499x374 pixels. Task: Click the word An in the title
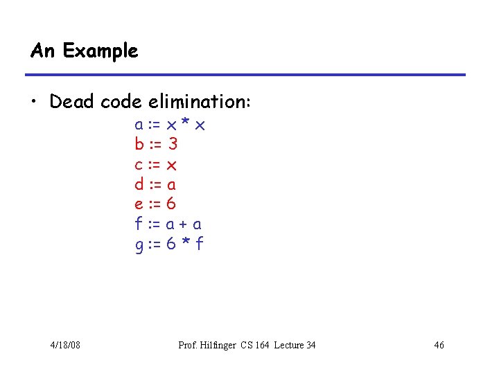click(x=42, y=51)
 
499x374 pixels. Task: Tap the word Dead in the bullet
click(x=73, y=102)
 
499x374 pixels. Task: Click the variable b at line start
click(x=139, y=145)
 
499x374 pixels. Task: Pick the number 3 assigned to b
click(x=173, y=145)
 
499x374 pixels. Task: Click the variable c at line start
click(x=139, y=165)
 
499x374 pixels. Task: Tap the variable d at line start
click(x=139, y=184)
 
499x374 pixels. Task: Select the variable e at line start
click(x=139, y=204)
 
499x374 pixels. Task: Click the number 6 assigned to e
click(x=172, y=204)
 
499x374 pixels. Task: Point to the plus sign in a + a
click(x=184, y=224)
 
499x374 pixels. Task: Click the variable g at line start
click(x=139, y=244)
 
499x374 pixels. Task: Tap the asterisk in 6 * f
click(x=185, y=242)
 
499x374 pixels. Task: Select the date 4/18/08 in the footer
click(x=65, y=345)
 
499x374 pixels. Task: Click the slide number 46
click(x=439, y=345)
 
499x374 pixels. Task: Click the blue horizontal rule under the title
click(x=245, y=75)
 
